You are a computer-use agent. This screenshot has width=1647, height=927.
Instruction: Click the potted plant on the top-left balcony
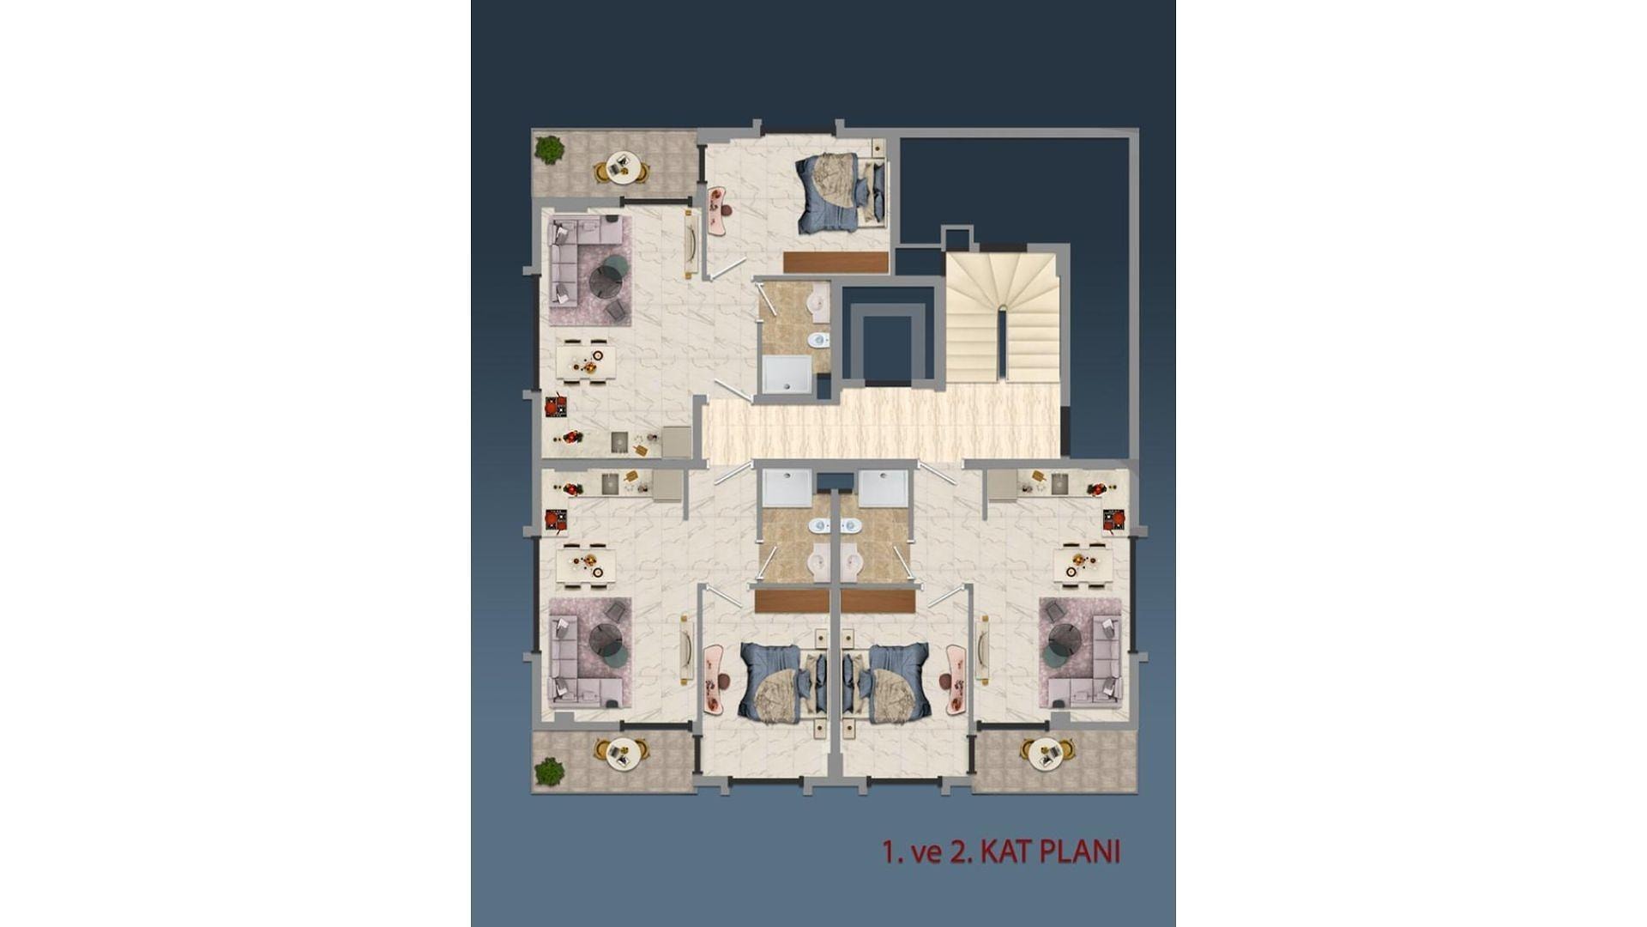(548, 150)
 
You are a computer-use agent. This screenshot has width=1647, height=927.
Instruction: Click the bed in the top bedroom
(842, 193)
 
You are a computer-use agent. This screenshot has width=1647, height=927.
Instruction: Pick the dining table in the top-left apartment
(586, 362)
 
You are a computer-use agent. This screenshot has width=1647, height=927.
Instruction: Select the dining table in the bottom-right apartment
(1083, 564)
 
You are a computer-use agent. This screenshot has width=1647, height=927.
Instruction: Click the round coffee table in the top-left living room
(610, 279)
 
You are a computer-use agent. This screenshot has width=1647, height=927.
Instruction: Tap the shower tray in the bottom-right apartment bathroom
(884, 488)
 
